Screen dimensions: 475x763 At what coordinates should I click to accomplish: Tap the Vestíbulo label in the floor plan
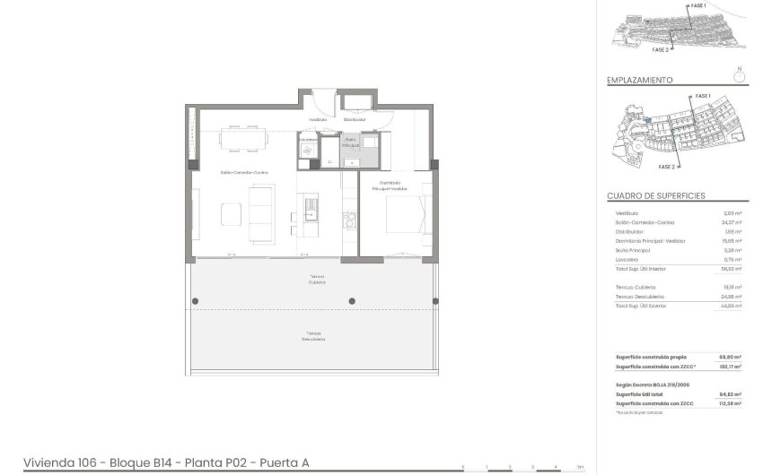click(318, 119)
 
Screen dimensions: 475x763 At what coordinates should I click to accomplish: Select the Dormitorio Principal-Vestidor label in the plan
click(388, 186)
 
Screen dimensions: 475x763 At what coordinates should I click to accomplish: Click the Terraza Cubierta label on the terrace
click(318, 279)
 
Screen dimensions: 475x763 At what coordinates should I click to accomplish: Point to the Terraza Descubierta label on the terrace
click(313, 337)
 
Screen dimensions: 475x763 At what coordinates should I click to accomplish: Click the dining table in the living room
click(245, 136)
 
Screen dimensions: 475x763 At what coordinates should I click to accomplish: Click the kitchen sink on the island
click(311, 208)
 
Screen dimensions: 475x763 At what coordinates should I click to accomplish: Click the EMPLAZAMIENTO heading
click(639, 80)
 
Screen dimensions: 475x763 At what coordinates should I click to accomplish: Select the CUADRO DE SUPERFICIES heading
click(655, 195)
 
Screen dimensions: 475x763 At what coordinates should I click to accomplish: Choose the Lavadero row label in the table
click(627, 260)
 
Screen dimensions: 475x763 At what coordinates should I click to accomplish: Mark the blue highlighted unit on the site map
click(647, 117)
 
